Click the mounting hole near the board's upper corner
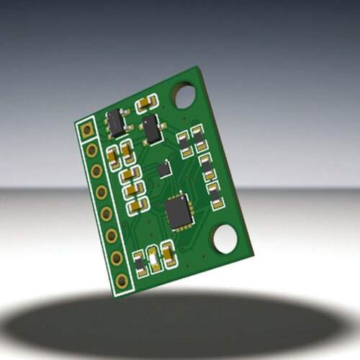(184, 95)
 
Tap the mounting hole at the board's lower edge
(225, 238)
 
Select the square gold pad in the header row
(87, 130)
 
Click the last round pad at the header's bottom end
(122, 280)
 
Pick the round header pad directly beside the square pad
(92, 150)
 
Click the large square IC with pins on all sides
(178, 212)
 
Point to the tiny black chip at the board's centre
(164, 169)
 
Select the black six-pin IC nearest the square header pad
(116, 123)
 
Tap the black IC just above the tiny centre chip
(152, 130)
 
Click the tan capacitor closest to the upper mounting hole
(146, 103)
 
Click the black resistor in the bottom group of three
(140, 264)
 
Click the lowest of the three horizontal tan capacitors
(137, 206)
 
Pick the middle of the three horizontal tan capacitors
(133, 190)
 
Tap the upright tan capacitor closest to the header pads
(113, 158)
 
